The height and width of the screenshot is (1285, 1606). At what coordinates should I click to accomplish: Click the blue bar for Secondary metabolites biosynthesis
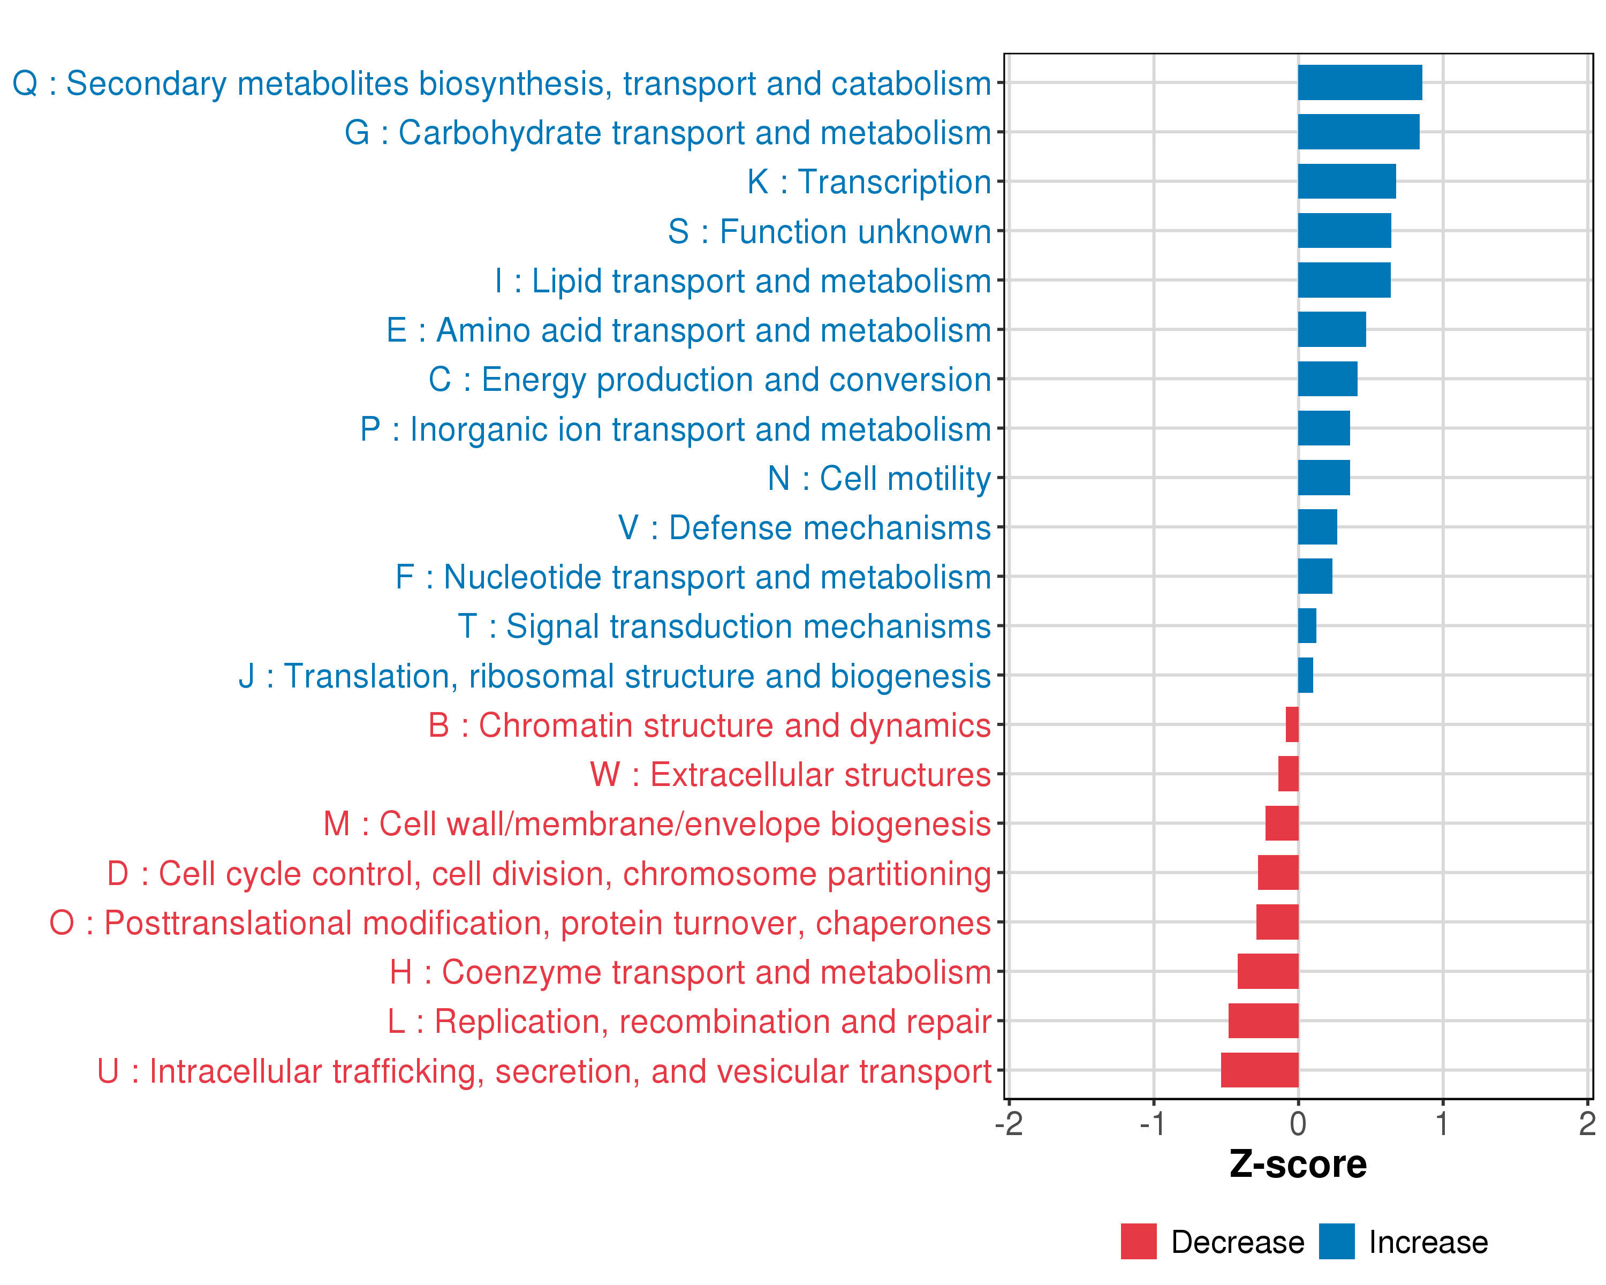[x=1359, y=82]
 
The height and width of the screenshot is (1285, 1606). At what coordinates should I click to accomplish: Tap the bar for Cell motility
[x=1324, y=478]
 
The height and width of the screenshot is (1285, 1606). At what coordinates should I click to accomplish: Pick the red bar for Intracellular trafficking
[x=1260, y=1070]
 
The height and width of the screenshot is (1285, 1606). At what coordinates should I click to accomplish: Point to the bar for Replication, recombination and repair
[x=1263, y=1021]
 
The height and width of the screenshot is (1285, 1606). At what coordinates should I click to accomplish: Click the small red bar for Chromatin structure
[x=1292, y=724]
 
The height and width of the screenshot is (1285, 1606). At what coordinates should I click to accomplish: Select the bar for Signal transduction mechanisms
[x=1307, y=626]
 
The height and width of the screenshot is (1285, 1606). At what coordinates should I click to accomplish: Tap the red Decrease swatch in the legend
[x=1138, y=1241]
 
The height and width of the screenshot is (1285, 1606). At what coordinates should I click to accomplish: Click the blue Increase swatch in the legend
[x=1336, y=1241]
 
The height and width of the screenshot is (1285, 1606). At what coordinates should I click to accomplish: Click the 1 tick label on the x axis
[x=1442, y=1124]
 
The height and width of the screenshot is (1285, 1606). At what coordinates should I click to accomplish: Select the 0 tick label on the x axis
[x=1298, y=1124]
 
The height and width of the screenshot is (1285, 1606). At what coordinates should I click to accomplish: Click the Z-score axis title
[x=1298, y=1165]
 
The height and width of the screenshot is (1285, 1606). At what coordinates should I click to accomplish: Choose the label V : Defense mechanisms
[x=805, y=527]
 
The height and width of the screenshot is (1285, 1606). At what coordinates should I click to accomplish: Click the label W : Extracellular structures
[x=790, y=775]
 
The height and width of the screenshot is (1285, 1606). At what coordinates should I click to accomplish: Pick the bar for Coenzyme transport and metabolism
[x=1268, y=971]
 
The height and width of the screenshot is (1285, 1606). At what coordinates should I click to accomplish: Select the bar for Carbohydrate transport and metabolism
[x=1359, y=132]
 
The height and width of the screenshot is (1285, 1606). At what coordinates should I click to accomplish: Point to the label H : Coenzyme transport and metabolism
[x=690, y=972]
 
